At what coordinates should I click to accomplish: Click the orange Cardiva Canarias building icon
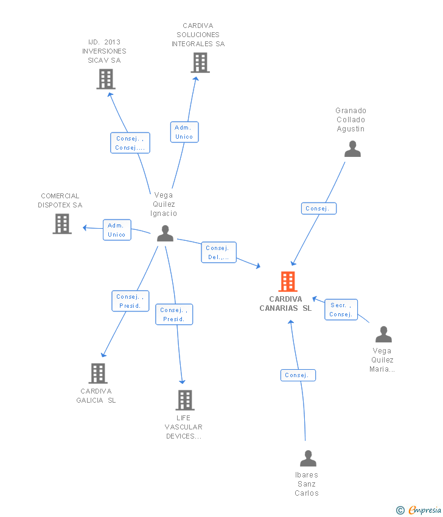(x=288, y=282)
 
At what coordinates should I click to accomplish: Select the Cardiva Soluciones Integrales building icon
(x=200, y=63)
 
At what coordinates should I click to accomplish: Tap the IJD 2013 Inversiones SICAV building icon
(x=106, y=79)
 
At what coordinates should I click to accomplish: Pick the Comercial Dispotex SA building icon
(x=62, y=224)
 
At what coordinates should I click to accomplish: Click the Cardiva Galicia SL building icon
(x=98, y=373)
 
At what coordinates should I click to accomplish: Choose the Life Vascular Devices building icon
(x=185, y=400)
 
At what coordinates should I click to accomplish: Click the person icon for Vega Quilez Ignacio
(x=166, y=234)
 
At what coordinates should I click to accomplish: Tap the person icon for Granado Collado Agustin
(x=352, y=148)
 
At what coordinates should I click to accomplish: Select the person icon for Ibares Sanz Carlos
(x=308, y=459)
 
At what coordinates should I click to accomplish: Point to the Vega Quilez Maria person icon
(x=383, y=335)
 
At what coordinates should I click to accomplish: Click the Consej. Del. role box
(x=218, y=252)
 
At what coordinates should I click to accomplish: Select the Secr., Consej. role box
(x=341, y=310)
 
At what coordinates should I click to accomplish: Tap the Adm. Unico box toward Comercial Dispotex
(x=117, y=230)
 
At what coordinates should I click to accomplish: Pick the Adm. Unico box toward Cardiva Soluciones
(x=184, y=132)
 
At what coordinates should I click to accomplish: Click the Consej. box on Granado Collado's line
(x=319, y=209)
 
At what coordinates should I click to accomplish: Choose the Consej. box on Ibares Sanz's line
(x=298, y=375)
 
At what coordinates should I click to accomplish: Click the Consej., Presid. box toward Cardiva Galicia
(x=130, y=301)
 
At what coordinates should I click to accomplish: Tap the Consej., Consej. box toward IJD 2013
(x=130, y=143)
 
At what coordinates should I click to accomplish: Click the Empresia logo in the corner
(x=419, y=510)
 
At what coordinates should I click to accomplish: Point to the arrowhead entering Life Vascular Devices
(x=182, y=382)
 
